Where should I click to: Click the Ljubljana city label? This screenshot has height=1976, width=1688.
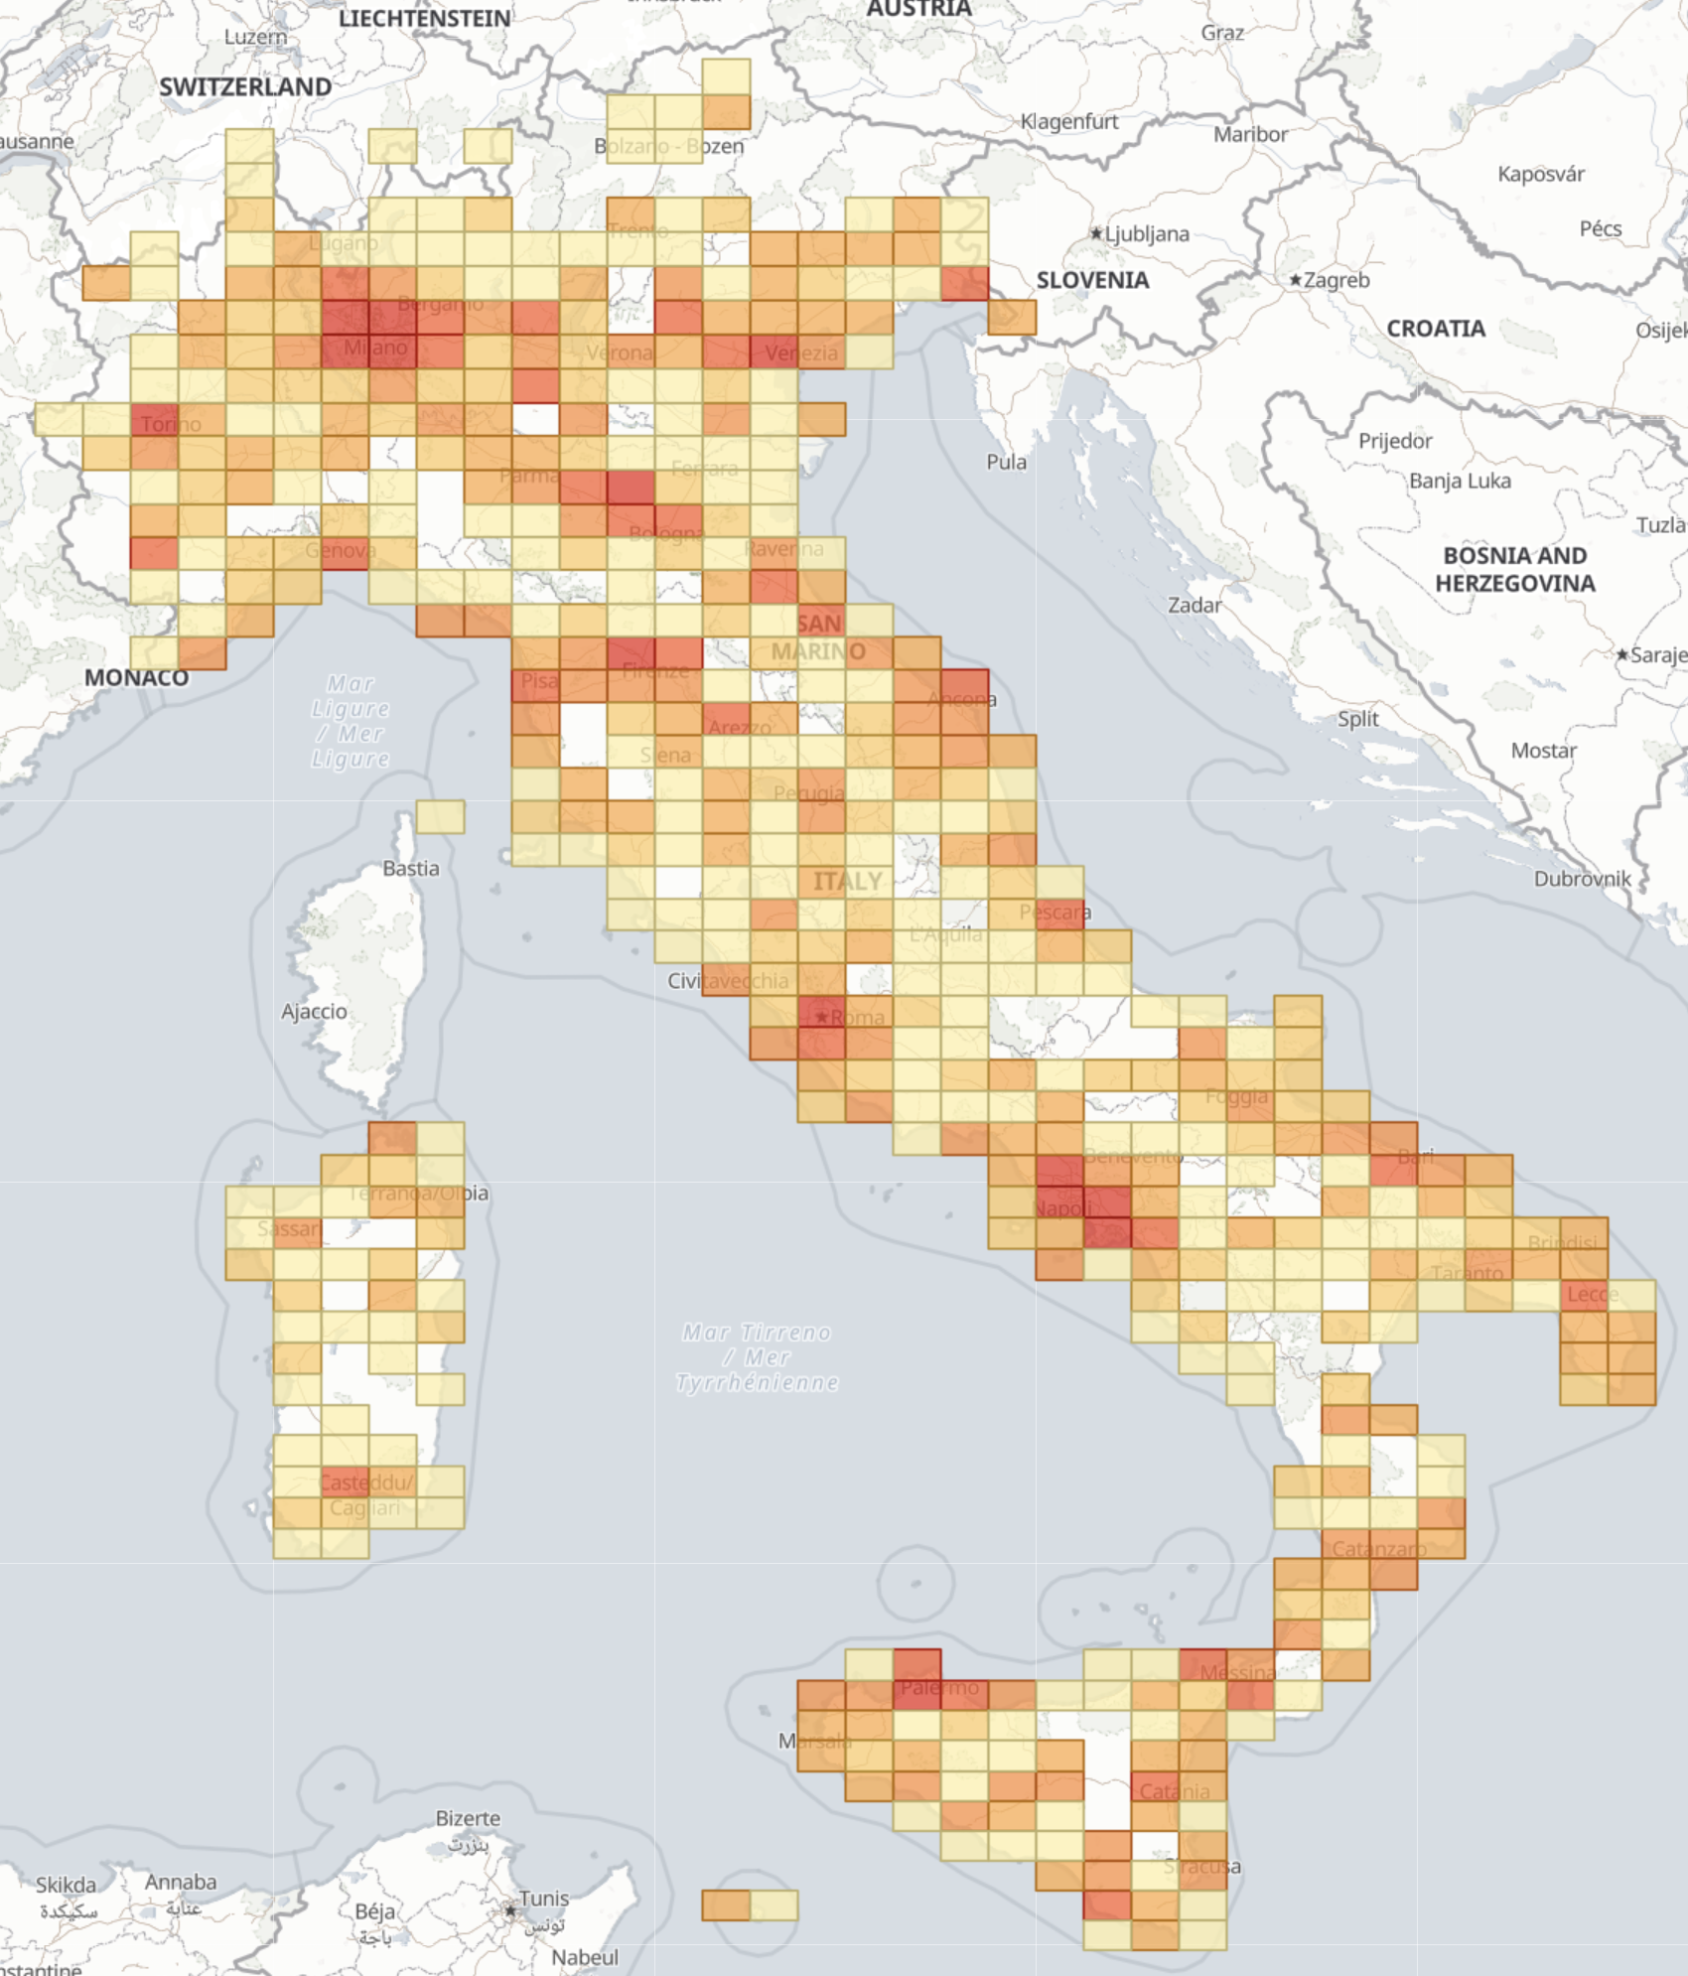click(x=1147, y=233)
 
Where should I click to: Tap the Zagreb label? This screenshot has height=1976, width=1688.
click(x=1336, y=280)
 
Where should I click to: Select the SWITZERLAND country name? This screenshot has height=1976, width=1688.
click(x=245, y=87)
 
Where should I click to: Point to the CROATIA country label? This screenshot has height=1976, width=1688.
click(x=1436, y=329)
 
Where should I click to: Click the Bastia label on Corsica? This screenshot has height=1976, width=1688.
click(x=410, y=868)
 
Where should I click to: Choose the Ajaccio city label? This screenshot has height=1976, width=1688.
click(x=314, y=1011)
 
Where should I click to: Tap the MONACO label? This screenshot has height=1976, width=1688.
click(x=136, y=677)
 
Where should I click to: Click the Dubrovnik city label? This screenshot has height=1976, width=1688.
click(x=1582, y=878)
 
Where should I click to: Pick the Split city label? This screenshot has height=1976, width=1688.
click(x=1357, y=718)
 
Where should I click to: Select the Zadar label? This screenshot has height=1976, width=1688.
click(x=1195, y=605)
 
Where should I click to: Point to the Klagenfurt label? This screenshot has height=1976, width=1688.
click(x=1069, y=121)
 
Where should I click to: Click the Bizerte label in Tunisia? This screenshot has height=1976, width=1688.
click(x=468, y=1818)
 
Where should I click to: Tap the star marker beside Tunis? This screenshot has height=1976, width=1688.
click(x=510, y=1910)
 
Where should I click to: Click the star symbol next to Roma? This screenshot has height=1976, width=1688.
click(x=821, y=1017)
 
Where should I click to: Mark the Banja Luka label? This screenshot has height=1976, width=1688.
click(x=1460, y=481)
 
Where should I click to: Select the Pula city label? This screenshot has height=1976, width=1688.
click(x=1006, y=462)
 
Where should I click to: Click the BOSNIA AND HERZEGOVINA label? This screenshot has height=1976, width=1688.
click(x=1515, y=569)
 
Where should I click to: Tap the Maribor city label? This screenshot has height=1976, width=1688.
click(x=1250, y=134)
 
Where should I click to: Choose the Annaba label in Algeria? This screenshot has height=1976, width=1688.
click(x=180, y=1882)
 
